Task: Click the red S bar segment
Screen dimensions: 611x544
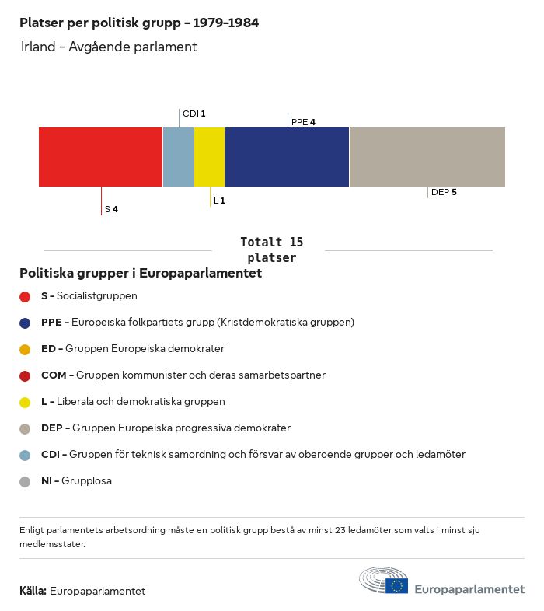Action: pyautogui.click(x=100, y=156)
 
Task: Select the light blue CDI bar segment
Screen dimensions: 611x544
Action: pyautogui.click(x=178, y=156)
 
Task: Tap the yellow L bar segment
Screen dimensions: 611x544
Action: pyautogui.click(x=209, y=156)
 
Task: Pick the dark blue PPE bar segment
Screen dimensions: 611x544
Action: pyautogui.click(x=287, y=156)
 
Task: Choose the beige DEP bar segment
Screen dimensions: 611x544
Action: pyautogui.click(x=427, y=156)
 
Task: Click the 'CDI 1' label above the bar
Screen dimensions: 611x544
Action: pyautogui.click(x=194, y=113)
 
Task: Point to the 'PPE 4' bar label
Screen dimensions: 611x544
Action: pyautogui.click(x=303, y=122)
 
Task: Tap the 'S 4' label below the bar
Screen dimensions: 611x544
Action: pyautogui.click(x=111, y=209)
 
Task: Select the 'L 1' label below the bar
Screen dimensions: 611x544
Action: pyautogui.click(x=219, y=201)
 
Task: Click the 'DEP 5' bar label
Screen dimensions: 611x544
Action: pyautogui.click(x=444, y=192)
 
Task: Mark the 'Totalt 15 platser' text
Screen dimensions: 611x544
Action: pyautogui.click(x=271, y=250)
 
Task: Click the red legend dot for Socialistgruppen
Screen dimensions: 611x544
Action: pyautogui.click(x=25, y=296)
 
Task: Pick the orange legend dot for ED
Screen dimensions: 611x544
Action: pyautogui.click(x=25, y=349)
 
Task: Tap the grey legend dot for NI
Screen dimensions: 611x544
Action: pyautogui.click(x=25, y=481)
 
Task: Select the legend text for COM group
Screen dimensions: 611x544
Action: pyautogui.click(x=183, y=375)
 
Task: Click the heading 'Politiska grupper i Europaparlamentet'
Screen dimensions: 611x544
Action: pyautogui.click(x=141, y=273)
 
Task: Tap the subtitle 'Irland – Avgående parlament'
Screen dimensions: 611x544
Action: pyautogui.click(x=109, y=47)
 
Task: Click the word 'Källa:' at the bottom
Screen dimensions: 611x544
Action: pyautogui.click(x=33, y=591)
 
